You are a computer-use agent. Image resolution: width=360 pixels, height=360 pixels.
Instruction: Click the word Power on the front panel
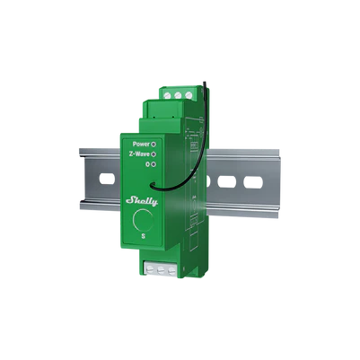point(140,144)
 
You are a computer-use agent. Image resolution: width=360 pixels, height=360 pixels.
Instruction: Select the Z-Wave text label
point(138,154)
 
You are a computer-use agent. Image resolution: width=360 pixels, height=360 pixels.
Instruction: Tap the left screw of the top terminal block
point(168,92)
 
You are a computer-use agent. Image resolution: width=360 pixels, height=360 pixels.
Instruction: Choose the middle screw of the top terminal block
point(178,92)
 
